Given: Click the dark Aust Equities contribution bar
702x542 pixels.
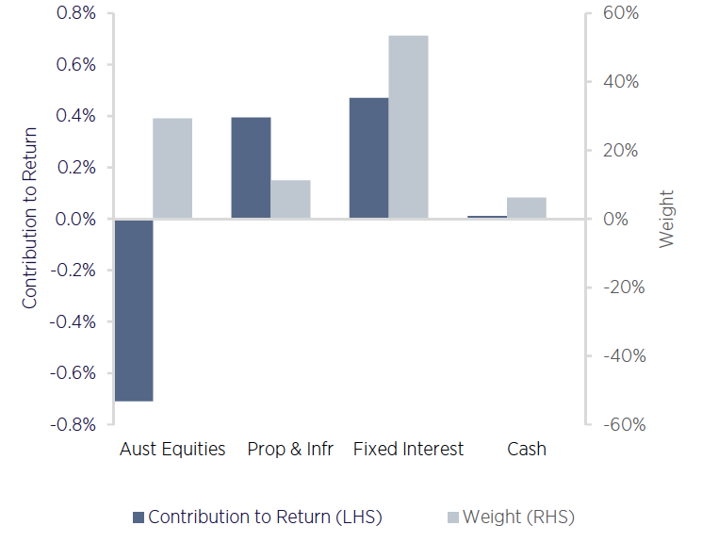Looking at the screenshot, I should (x=134, y=310).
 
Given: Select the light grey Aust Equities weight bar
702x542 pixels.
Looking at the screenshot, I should (x=172, y=169).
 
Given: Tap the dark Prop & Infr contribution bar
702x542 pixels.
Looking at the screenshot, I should (x=252, y=168).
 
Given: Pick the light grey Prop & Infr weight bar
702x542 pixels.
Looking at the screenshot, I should (x=290, y=199).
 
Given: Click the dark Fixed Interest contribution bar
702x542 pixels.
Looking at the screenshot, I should (x=368, y=158).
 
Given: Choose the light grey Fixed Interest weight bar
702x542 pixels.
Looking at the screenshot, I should (x=408, y=127).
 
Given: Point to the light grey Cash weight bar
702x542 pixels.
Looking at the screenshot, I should (x=526, y=207).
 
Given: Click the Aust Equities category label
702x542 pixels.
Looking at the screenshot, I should (x=172, y=449).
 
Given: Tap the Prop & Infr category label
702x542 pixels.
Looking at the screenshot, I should (x=290, y=449).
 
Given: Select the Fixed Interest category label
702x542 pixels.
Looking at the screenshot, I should (x=408, y=449).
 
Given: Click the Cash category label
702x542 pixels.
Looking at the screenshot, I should (x=526, y=449).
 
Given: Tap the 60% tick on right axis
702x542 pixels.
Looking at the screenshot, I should (x=622, y=14).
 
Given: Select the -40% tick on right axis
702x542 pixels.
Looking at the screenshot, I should (x=622, y=356).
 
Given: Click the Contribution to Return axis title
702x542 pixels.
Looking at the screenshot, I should (x=30, y=219).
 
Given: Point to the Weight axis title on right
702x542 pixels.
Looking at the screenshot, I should (x=667, y=219).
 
